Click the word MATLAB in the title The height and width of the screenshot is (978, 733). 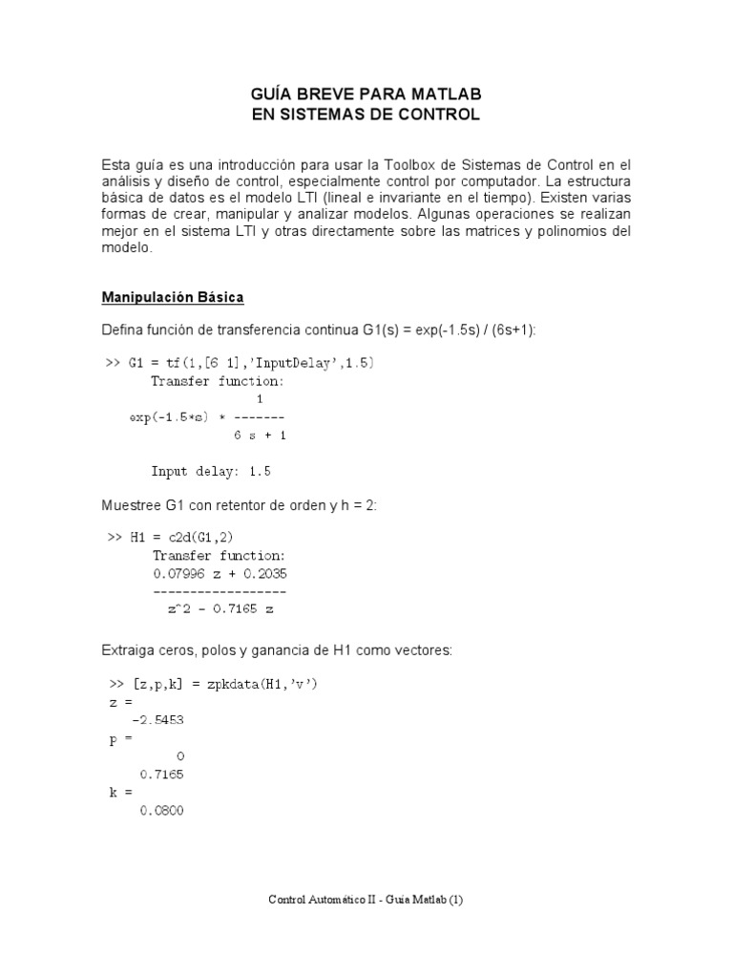click(445, 95)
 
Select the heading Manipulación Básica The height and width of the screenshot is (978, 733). click(173, 297)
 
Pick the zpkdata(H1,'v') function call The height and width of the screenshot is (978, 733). click(277, 686)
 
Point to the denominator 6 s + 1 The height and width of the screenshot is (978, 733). click(260, 435)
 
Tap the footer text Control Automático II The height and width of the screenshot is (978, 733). click(325, 900)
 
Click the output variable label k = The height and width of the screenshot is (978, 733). click(121, 793)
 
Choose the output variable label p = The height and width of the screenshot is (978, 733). click(121, 739)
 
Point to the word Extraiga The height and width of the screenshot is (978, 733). click(131, 650)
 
